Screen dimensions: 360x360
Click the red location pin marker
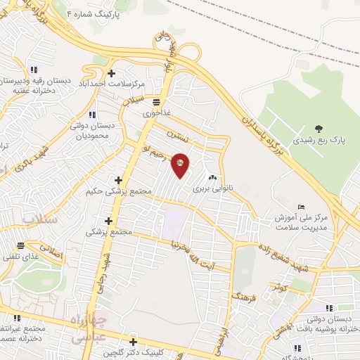(181, 165)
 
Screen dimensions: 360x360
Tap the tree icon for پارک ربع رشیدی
(319, 129)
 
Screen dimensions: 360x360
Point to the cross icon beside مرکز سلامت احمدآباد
(111, 73)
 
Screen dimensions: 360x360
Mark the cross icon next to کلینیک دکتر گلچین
(133, 342)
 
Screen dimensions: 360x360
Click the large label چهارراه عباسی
(89, 328)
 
